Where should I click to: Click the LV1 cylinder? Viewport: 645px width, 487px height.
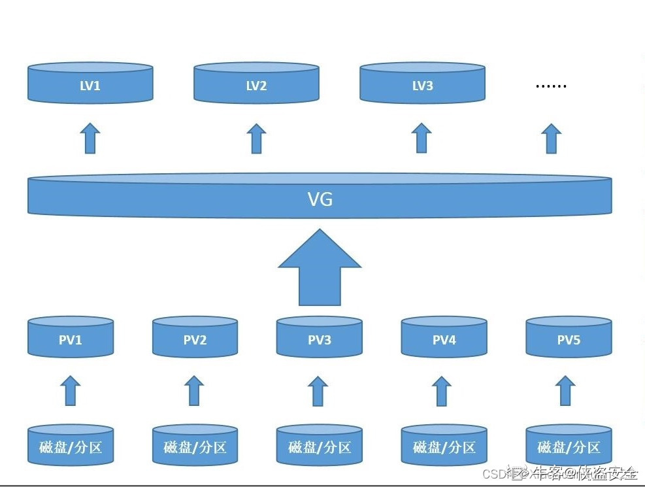click(x=90, y=83)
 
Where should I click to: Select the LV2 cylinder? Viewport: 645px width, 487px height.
click(x=256, y=83)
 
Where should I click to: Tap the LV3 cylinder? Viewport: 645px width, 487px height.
click(x=422, y=83)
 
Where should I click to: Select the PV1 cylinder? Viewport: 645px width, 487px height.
click(x=71, y=338)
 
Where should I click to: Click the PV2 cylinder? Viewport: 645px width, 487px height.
click(x=195, y=338)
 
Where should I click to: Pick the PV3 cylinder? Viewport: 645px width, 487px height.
click(x=319, y=338)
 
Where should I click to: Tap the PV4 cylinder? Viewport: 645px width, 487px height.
click(x=444, y=338)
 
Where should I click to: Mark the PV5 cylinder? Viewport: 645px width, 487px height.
click(x=569, y=338)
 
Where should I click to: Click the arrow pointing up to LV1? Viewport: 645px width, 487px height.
click(x=90, y=138)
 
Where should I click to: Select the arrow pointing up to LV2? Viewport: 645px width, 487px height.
click(x=256, y=138)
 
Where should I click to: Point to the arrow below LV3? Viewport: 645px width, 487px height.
click(x=422, y=138)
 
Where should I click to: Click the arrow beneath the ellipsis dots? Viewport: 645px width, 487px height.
click(x=552, y=138)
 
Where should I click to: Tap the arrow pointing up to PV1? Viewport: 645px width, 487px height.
click(x=70, y=390)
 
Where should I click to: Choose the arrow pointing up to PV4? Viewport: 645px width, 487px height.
click(x=442, y=390)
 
